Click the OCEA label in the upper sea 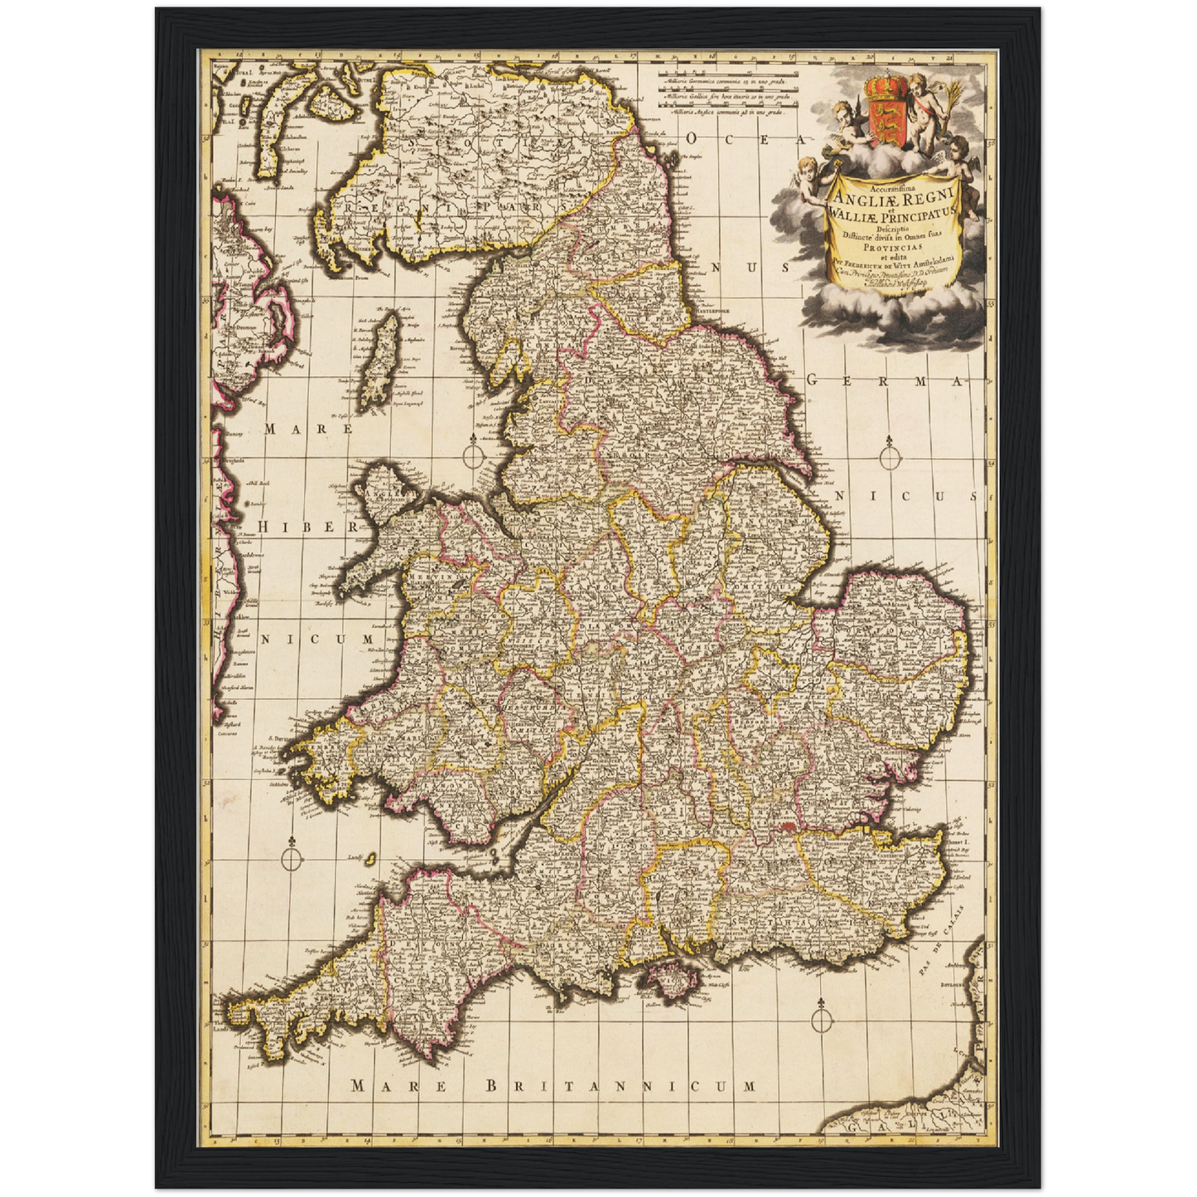point(738,137)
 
